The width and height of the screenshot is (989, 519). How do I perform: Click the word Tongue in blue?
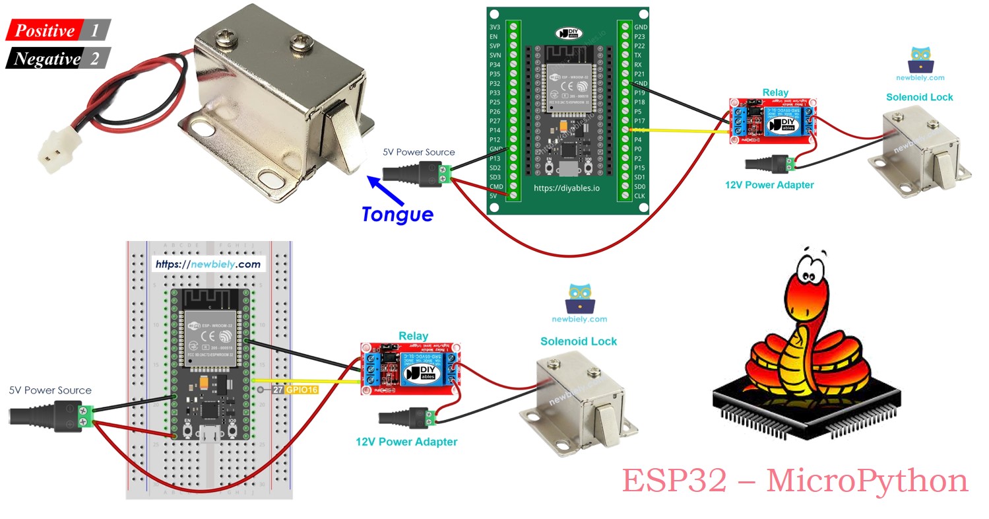point(397,214)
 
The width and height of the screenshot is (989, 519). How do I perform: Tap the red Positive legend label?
point(45,30)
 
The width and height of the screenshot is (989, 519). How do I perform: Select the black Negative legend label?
point(47,59)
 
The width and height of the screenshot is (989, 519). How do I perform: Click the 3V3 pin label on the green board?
point(494,27)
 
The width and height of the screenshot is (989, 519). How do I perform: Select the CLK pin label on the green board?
point(639,196)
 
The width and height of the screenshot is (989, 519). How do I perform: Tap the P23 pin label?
point(639,37)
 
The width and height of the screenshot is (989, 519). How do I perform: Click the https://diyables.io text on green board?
point(567,188)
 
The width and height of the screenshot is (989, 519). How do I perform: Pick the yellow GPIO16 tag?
point(301,390)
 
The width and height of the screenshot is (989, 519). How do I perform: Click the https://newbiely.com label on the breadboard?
point(208,264)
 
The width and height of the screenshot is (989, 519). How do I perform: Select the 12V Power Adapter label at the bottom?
point(406,442)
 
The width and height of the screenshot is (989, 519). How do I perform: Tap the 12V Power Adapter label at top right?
point(769,185)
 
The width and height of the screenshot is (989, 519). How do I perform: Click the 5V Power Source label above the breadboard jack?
point(50,390)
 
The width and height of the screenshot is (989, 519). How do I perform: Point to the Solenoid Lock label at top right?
point(919,97)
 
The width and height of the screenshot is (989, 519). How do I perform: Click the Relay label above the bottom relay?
point(413,336)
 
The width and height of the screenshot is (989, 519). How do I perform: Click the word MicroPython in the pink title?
point(867,481)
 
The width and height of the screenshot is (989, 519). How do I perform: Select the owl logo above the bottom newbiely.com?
point(581,299)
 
